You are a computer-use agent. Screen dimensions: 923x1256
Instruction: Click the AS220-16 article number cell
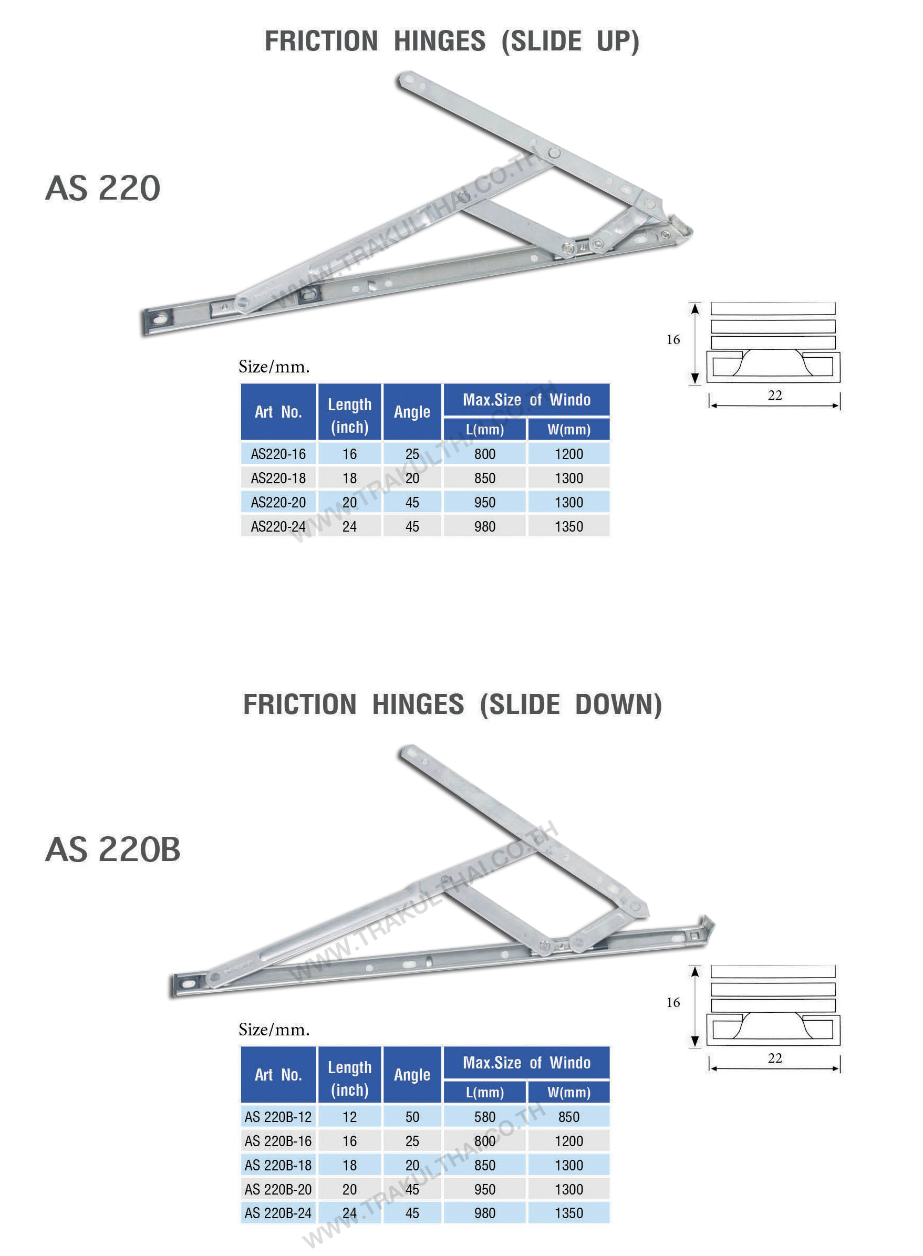point(278,453)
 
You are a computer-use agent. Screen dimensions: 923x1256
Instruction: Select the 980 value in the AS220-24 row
point(484,526)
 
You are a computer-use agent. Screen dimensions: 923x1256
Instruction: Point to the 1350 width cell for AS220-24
point(569,526)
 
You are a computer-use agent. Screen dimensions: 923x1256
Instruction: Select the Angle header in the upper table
point(412,412)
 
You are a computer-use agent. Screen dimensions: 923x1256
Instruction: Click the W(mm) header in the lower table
point(569,1092)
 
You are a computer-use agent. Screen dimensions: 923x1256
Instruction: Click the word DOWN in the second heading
point(618,704)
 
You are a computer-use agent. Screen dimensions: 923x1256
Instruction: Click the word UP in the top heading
point(617,41)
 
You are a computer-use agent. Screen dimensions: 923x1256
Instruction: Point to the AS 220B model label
point(113,849)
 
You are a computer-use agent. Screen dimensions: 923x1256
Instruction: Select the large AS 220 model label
point(103,188)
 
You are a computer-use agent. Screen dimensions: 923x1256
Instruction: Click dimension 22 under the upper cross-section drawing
point(774,395)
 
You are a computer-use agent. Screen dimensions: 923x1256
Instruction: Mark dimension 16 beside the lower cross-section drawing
point(673,1002)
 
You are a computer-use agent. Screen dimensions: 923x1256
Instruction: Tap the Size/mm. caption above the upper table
point(274,367)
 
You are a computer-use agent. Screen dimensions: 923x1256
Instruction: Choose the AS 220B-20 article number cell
point(278,1188)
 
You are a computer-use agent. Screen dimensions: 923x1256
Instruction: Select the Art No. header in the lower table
point(278,1074)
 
